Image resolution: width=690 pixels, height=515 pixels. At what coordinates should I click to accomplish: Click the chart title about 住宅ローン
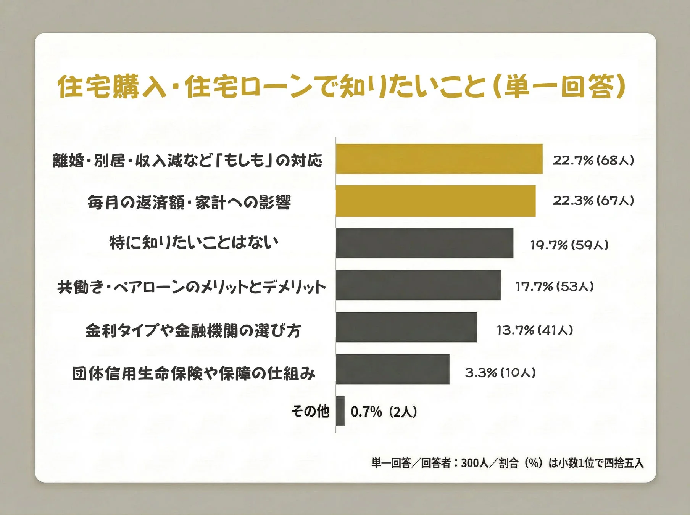point(341,86)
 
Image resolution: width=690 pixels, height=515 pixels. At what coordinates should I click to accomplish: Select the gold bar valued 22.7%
point(439,159)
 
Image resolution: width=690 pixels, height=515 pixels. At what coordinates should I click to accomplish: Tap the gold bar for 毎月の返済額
point(435,201)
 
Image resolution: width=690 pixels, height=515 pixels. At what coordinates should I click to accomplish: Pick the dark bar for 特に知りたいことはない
point(424,243)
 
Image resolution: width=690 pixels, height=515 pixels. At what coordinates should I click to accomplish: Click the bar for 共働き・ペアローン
point(418,285)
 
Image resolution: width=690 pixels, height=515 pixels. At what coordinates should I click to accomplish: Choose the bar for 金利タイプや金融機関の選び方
point(406,327)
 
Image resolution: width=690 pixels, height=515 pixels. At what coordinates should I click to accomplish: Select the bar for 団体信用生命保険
point(392,369)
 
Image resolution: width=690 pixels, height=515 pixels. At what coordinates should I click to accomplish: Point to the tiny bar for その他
point(340,411)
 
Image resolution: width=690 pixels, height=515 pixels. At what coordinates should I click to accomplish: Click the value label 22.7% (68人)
point(593,160)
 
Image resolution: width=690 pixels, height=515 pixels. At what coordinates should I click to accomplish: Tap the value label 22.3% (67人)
point(593,201)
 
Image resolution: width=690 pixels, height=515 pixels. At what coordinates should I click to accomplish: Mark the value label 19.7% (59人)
point(569,245)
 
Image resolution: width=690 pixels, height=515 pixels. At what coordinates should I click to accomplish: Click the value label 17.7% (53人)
point(555,286)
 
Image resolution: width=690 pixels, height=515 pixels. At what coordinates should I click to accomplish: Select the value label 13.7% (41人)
point(535,330)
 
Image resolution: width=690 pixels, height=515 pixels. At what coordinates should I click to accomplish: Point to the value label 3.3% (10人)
point(500,372)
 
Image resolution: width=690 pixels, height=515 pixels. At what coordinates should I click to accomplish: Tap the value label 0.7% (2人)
point(384,412)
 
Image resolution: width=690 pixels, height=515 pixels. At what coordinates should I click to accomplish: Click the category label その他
point(310,411)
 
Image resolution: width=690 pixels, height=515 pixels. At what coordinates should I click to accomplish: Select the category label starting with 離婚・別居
point(187,161)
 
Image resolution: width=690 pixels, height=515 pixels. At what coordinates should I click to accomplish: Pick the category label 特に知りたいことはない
point(194,243)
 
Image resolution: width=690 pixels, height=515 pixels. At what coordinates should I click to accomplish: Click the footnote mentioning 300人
point(507,463)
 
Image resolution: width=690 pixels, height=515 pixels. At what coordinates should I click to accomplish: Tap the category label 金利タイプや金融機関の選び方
point(193,330)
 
